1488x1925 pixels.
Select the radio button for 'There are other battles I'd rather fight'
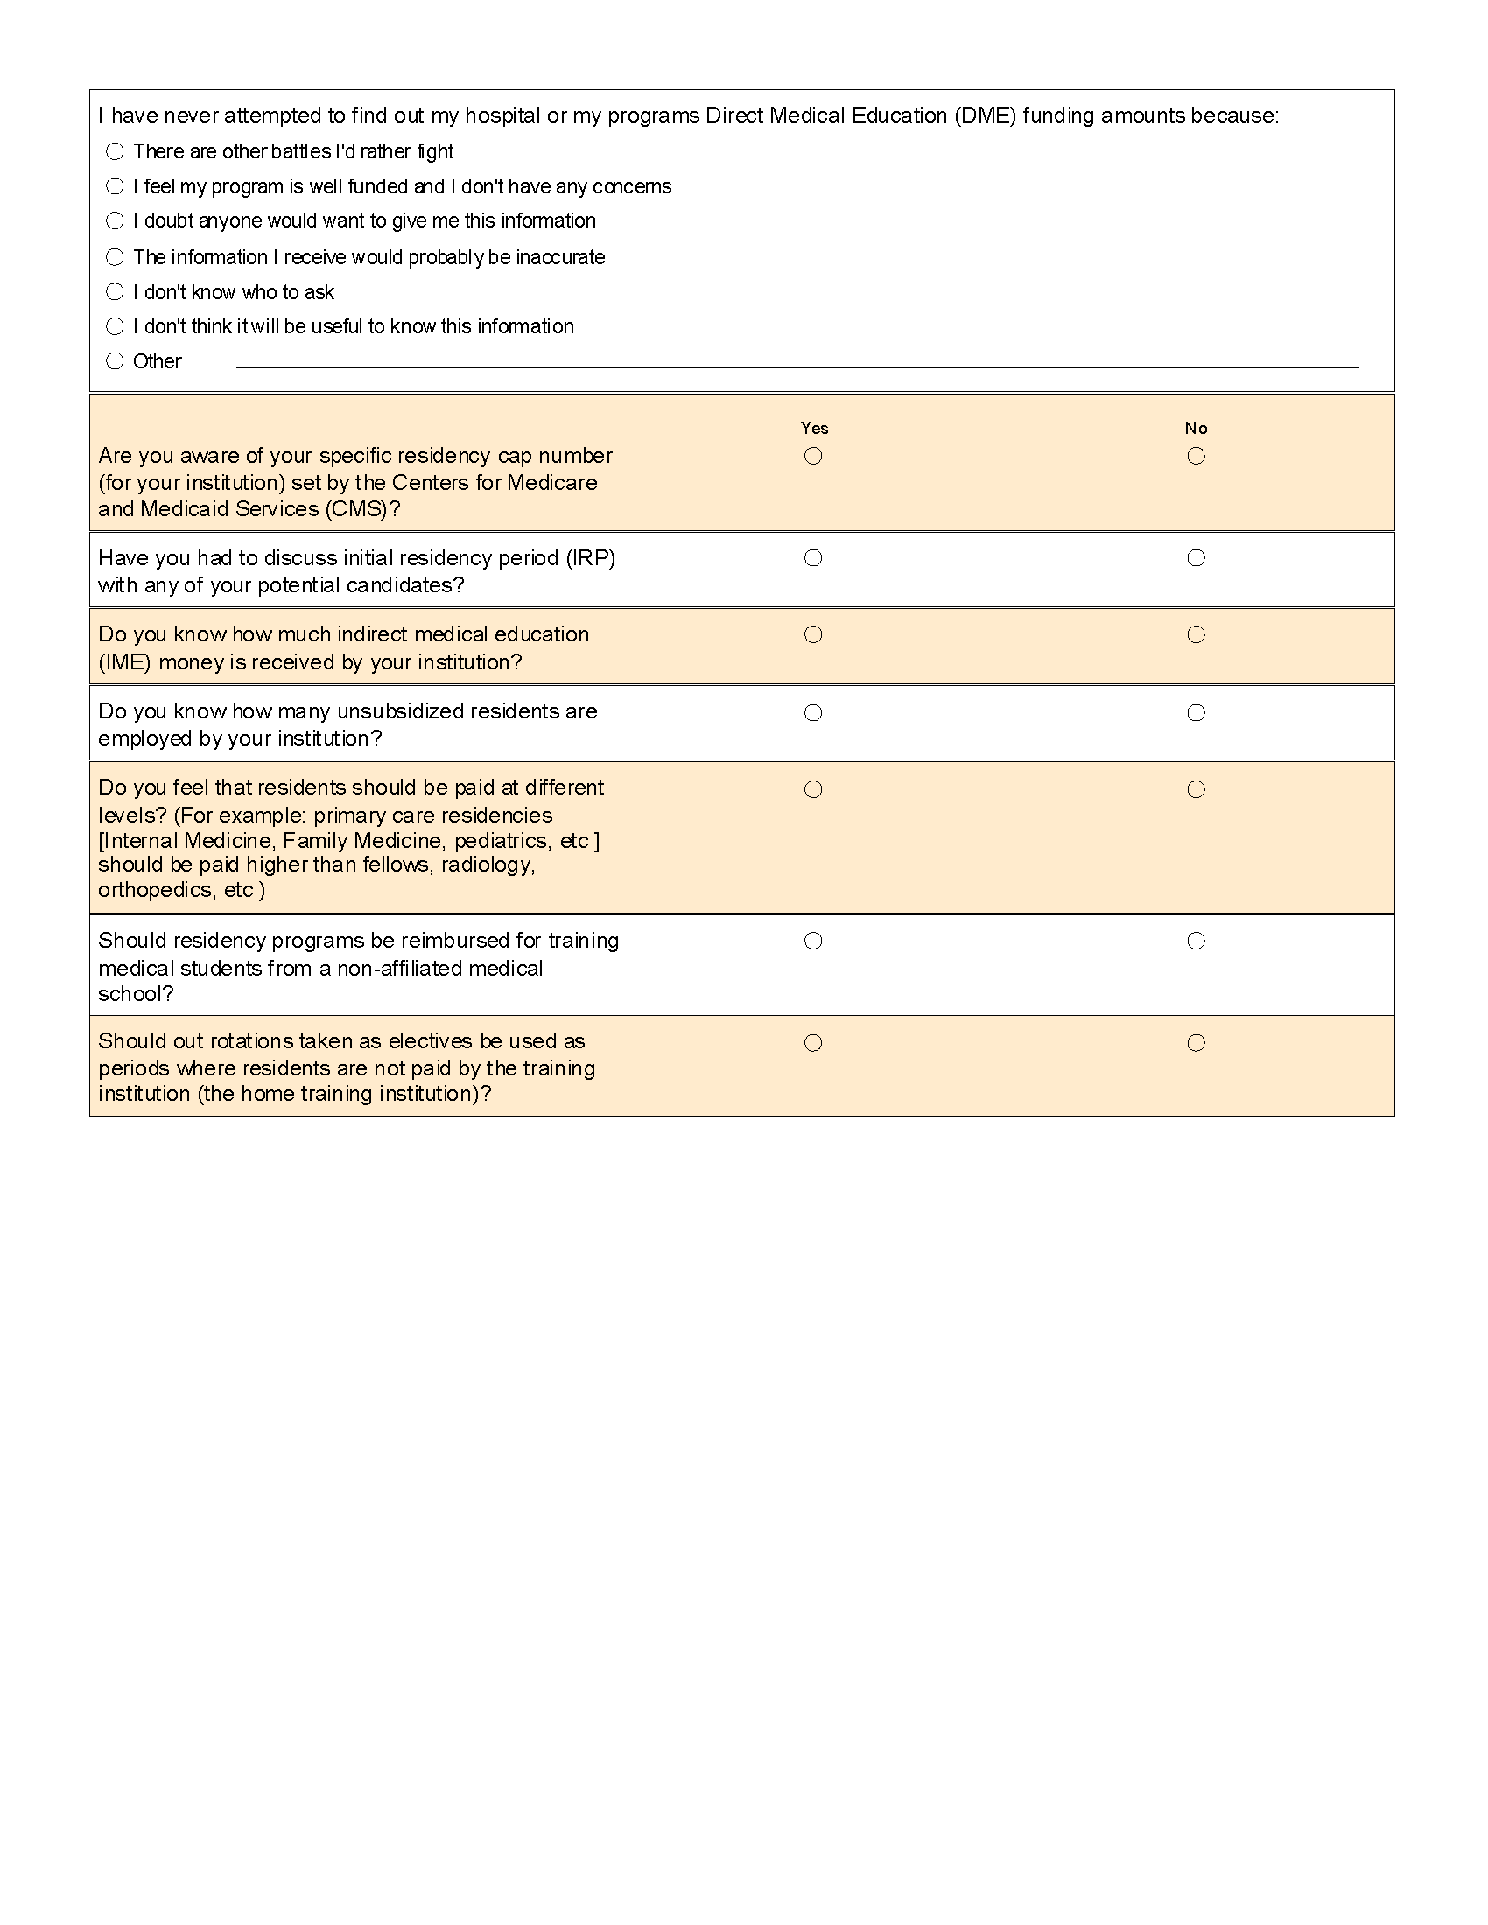coord(115,151)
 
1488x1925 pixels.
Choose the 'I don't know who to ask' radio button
coord(115,291)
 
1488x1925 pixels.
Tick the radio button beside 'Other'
coord(115,361)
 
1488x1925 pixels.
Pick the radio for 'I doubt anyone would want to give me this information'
coord(115,220)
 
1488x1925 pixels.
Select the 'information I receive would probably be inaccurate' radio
coord(115,257)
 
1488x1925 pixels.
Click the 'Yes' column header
coord(814,429)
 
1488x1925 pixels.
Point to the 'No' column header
coord(1196,429)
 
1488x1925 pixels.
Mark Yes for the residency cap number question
coord(814,456)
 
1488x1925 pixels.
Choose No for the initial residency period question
coord(1196,558)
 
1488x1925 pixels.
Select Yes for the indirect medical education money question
coord(814,634)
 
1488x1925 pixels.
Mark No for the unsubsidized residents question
coord(1196,712)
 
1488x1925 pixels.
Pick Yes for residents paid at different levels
coord(814,789)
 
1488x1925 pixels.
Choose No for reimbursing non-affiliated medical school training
coord(1196,941)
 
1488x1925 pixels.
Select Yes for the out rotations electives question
coord(814,1043)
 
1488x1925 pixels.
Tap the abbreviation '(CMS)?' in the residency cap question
coord(362,509)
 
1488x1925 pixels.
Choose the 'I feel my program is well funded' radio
coord(115,186)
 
